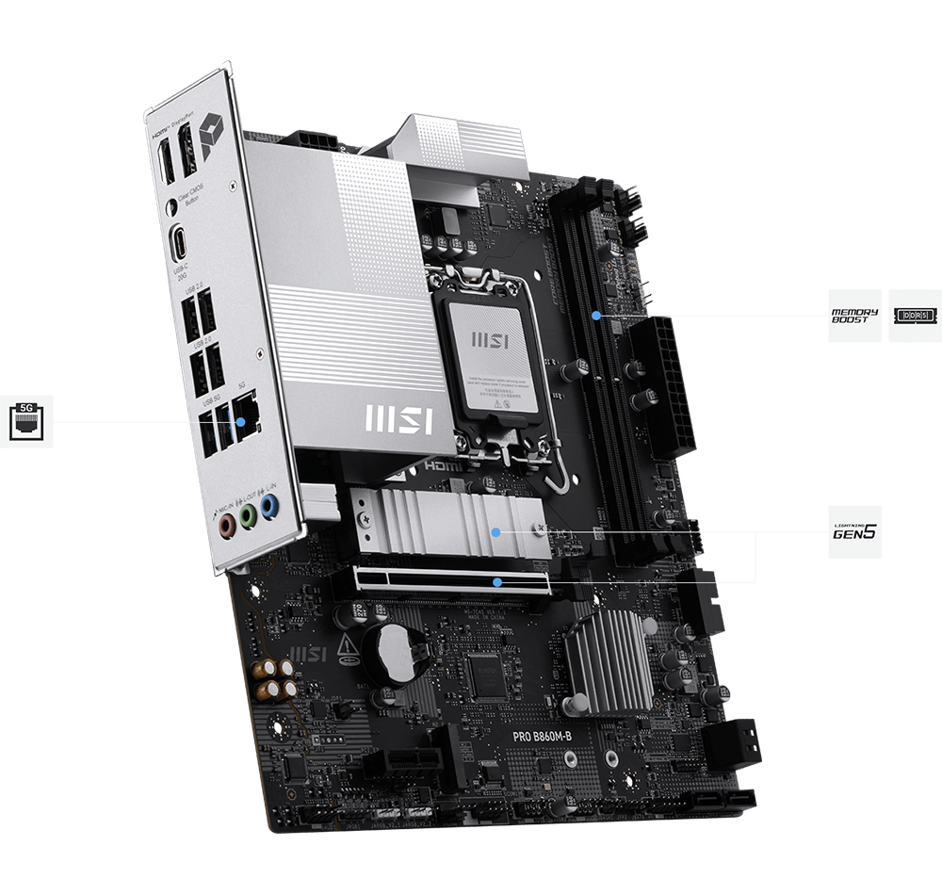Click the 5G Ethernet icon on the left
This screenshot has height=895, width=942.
click(26, 421)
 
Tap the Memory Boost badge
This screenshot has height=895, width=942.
click(853, 316)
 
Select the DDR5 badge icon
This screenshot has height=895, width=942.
click(915, 316)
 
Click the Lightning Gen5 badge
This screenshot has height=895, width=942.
click(853, 531)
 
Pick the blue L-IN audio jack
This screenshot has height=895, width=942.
click(268, 508)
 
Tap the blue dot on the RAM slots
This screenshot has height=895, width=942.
click(596, 316)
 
